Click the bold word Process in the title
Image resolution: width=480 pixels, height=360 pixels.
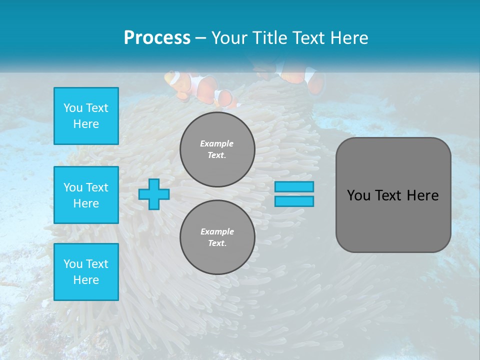pos(157,38)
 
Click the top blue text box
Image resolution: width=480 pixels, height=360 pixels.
pos(86,116)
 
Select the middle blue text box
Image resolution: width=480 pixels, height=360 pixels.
pos(86,195)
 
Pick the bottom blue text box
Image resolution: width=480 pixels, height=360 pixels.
pos(86,272)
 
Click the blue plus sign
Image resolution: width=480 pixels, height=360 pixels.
pos(154,194)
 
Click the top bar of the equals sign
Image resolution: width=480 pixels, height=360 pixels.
pos(294,186)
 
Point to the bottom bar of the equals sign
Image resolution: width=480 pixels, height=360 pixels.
pos(294,201)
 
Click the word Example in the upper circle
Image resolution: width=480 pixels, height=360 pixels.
pos(217,143)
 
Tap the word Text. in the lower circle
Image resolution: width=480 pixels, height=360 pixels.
pos(217,243)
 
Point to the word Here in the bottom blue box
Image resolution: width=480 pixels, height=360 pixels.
pos(86,280)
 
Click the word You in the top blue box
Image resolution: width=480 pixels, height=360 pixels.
pos(73,108)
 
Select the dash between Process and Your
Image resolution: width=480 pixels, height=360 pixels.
pos(201,38)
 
